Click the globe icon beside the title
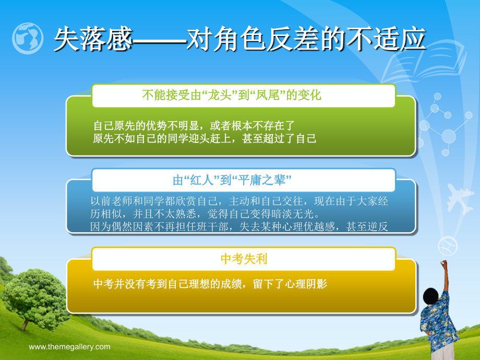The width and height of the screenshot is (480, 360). point(28,39)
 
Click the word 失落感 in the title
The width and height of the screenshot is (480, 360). point(93,39)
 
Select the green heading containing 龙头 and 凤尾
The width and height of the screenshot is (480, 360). point(232,95)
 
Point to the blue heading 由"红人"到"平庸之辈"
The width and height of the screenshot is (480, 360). point(232,180)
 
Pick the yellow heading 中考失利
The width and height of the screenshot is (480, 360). point(244,259)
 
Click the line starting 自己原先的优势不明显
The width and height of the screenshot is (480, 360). point(194,126)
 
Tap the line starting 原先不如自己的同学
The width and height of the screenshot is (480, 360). point(205,138)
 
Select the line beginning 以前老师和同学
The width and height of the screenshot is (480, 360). point(239,201)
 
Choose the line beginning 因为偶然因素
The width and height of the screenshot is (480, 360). point(239,226)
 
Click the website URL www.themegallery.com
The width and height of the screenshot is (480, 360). point(69,347)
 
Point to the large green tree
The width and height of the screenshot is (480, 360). point(35,298)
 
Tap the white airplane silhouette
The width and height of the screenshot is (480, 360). point(459,198)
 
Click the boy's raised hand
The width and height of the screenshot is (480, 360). point(443,264)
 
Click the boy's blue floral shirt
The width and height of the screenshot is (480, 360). point(438,324)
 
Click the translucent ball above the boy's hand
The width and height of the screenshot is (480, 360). point(448,246)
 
